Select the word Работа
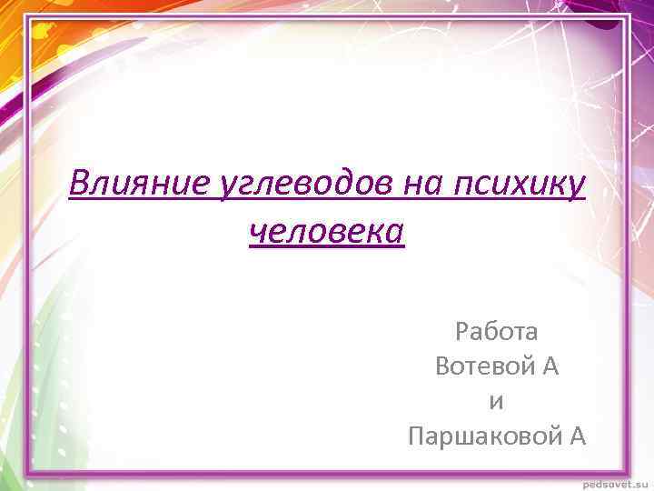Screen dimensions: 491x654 pos(497,331)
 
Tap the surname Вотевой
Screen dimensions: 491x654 pos(483,366)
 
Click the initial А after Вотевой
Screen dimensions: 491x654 pos(550,366)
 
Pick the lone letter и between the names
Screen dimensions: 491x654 pos(497,402)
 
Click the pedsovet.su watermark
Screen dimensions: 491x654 pos(611,482)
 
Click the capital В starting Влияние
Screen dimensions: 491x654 pos(80,185)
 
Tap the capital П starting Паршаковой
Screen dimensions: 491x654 pos(418,437)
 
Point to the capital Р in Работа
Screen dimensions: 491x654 pos(462,331)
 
